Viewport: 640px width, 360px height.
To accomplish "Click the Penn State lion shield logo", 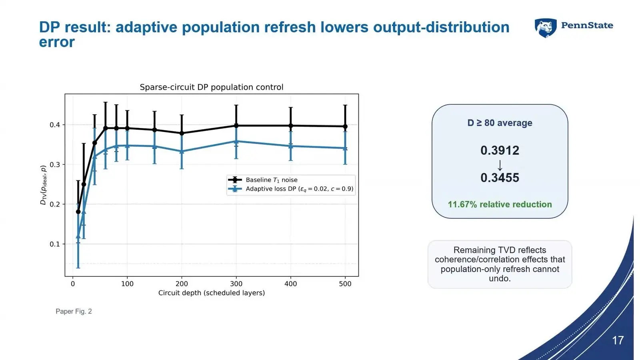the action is click(x=546, y=28).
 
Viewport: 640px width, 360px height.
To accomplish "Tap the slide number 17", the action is click(x=618, y=340).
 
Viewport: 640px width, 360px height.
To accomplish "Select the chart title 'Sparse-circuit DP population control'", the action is click(x=212, y=87).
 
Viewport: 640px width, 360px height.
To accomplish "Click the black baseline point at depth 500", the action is click(x=345, y=126).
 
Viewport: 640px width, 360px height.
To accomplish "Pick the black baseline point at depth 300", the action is click(x=236, y=126).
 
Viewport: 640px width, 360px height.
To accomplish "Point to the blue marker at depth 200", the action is click(x=182, y=152).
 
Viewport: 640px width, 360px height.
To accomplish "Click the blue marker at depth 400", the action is click(x=290, y=146).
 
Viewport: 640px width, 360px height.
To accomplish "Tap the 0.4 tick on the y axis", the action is click(x=55, y=125).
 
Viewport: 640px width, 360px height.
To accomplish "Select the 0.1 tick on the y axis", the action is click(x=55, y=244).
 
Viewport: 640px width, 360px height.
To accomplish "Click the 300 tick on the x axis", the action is click(x=236, y=284).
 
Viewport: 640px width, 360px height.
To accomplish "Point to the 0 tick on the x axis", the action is click(x=73, y=284).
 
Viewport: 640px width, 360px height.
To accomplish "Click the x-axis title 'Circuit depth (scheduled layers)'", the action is click(x=212, y=293).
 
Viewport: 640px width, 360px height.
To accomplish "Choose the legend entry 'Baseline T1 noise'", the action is click(x=263, y=180).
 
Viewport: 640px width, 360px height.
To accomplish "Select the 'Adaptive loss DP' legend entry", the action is click(x=290, y=189).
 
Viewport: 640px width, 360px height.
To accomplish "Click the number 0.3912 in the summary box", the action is click(x=500, y=150).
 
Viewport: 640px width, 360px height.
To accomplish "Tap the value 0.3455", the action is click(x=500, y=178).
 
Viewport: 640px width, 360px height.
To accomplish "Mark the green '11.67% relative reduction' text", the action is click(x=500, y=204).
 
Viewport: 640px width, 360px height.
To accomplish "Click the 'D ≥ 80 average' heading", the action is click(x=500, y=123).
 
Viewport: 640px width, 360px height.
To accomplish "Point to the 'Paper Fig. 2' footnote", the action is click(x=74, y=312).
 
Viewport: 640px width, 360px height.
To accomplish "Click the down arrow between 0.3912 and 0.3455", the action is click(x=500, y=165).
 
